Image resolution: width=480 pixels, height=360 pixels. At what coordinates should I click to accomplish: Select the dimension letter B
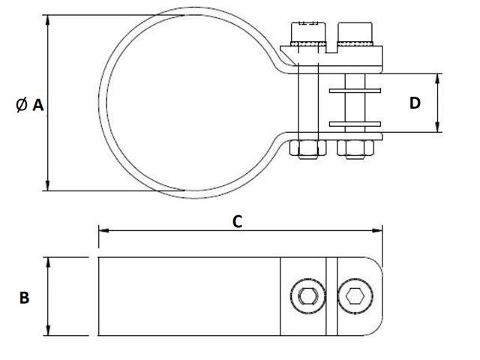click(x=24, y=298)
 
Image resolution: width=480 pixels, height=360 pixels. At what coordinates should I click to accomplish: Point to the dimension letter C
click(x=237, y=220)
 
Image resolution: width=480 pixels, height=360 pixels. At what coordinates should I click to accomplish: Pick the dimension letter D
click(x=415, y=103)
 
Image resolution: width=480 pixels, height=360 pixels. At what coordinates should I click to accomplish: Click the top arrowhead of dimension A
click(x=48, y=19)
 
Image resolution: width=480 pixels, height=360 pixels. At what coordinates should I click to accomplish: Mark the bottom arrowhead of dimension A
click(x=48, y=187)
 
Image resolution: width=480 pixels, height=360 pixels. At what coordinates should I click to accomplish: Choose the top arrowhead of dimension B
click(x=49, y=261)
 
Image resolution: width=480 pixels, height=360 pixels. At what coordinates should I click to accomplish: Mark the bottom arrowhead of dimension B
click(x=49, y=331)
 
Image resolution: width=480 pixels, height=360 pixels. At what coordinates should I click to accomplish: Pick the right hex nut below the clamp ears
click(x=354, y=148)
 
